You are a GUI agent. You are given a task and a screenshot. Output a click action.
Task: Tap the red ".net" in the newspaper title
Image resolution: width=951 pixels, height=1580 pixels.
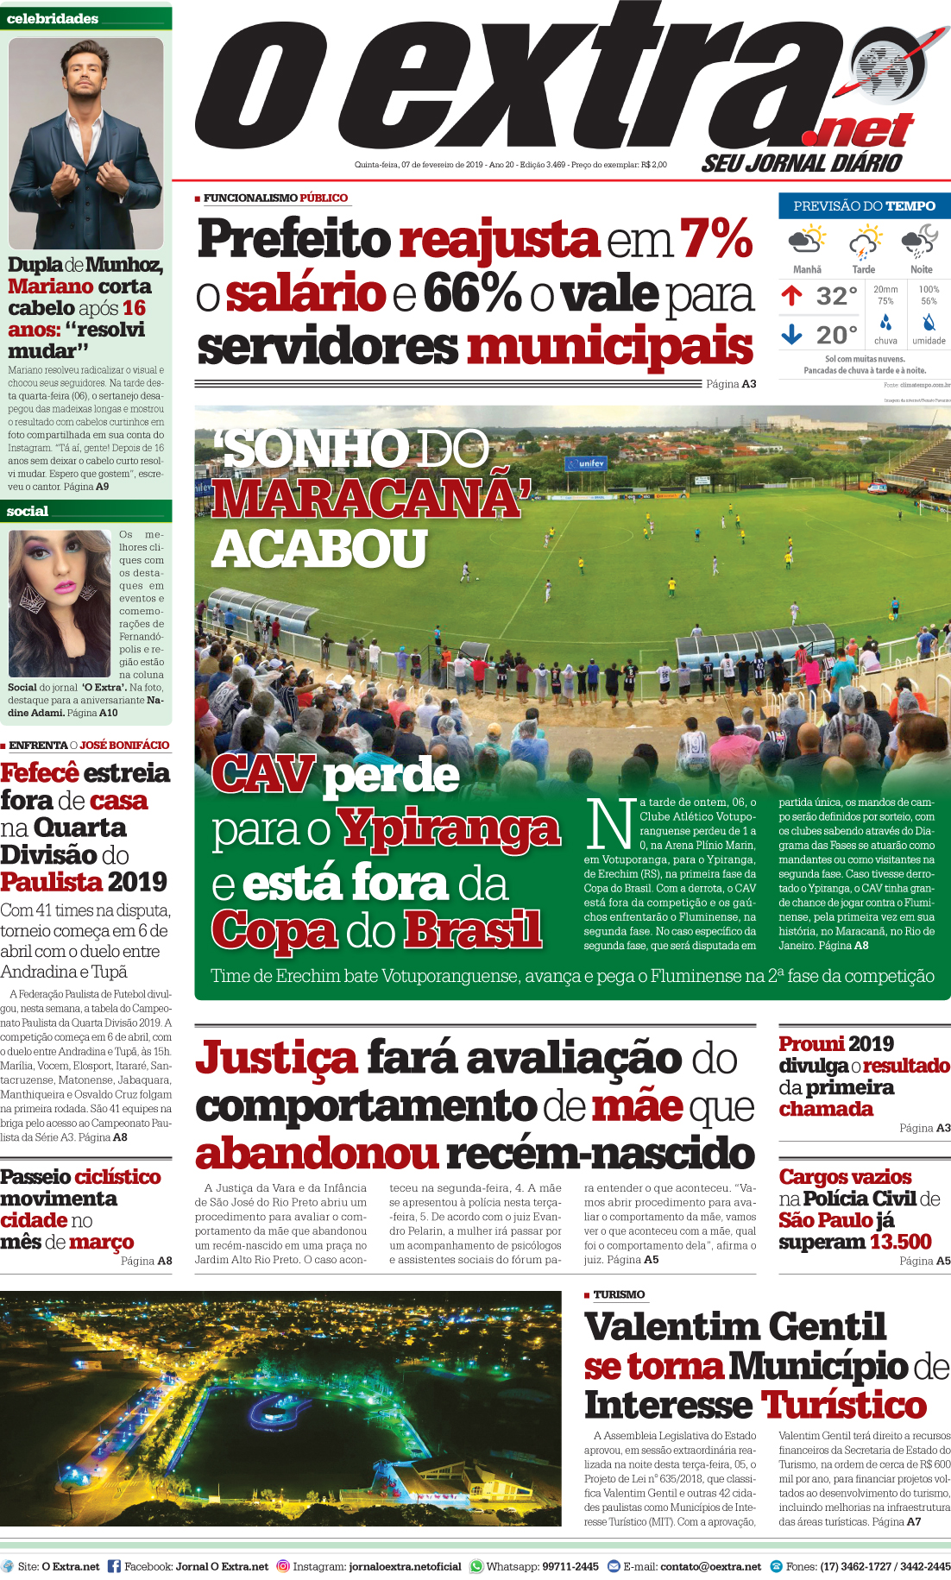pos(859,132)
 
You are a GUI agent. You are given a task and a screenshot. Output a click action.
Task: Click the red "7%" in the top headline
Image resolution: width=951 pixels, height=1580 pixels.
pos(716,238)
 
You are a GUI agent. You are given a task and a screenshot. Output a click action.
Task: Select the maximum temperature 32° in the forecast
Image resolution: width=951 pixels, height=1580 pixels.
pos(836,297)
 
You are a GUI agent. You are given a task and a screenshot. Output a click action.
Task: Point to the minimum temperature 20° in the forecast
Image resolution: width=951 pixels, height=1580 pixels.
pos(836,335)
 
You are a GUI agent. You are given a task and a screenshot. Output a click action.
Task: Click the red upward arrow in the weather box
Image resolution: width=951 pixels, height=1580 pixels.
pos(791,296)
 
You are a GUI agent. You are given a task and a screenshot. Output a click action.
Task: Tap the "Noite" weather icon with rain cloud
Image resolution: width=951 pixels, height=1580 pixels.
pos(920,242)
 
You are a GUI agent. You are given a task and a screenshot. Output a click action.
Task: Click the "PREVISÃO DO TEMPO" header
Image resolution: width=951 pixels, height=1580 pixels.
pos(864,206)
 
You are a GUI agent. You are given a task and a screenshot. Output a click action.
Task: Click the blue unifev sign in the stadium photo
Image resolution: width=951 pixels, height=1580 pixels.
pos(587,463)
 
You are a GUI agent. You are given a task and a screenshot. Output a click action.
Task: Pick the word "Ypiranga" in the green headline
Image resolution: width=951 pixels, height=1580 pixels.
pos(448,830)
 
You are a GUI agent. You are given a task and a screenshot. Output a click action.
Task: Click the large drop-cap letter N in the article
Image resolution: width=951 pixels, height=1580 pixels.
pos(609,823)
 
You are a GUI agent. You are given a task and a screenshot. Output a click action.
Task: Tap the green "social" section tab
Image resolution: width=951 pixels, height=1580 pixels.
pos(28,512)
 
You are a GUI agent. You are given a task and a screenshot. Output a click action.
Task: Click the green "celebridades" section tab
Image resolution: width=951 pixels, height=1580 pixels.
pos(53,19)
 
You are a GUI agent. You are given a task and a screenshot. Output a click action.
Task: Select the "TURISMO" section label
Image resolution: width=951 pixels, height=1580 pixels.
pos(619,1294)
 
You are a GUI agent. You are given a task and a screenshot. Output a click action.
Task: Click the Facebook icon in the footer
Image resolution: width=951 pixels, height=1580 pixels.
pos(114,1565)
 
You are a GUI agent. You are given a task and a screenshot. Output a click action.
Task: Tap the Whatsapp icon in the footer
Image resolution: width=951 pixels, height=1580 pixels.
pos(477,1565)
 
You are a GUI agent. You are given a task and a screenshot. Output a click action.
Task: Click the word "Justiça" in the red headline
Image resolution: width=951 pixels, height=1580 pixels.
pos(276,1059)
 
